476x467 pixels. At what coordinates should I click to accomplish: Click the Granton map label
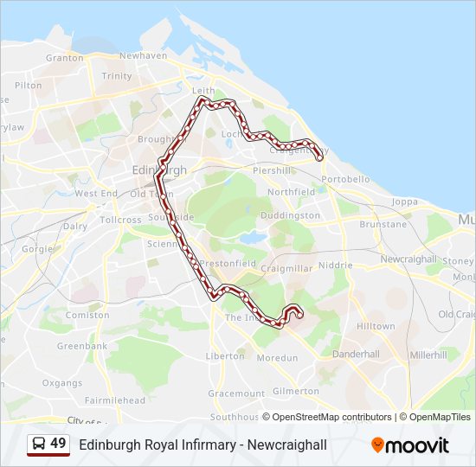click(64, 58)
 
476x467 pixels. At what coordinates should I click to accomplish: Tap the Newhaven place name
click(143, 55)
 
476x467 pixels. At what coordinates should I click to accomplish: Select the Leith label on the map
click(203, 90)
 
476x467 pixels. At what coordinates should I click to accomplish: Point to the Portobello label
click(344, 179)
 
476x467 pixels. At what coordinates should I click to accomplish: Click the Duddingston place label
click(290, 215)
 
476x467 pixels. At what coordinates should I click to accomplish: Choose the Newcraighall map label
click(408, 259)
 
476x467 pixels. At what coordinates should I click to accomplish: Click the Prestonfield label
click(227, 264)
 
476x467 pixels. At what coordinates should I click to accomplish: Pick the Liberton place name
click(225, 355)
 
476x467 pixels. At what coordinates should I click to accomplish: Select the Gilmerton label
click(295, 391)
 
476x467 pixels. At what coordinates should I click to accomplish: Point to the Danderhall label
click(356, 354)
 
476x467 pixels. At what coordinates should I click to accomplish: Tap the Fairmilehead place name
click(115, 400)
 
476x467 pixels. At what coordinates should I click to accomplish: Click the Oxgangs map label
click(62, 382)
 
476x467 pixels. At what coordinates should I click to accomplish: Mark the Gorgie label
click(37, 248)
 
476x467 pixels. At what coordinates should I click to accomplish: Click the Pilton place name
click(28, 85)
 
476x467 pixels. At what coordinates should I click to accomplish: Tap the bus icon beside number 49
click(38, 444)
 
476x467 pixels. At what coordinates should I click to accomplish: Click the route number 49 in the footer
click(58, 444)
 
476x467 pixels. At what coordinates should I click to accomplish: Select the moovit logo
click(410, 445)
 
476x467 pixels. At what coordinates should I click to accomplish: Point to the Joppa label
click(404, 202)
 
